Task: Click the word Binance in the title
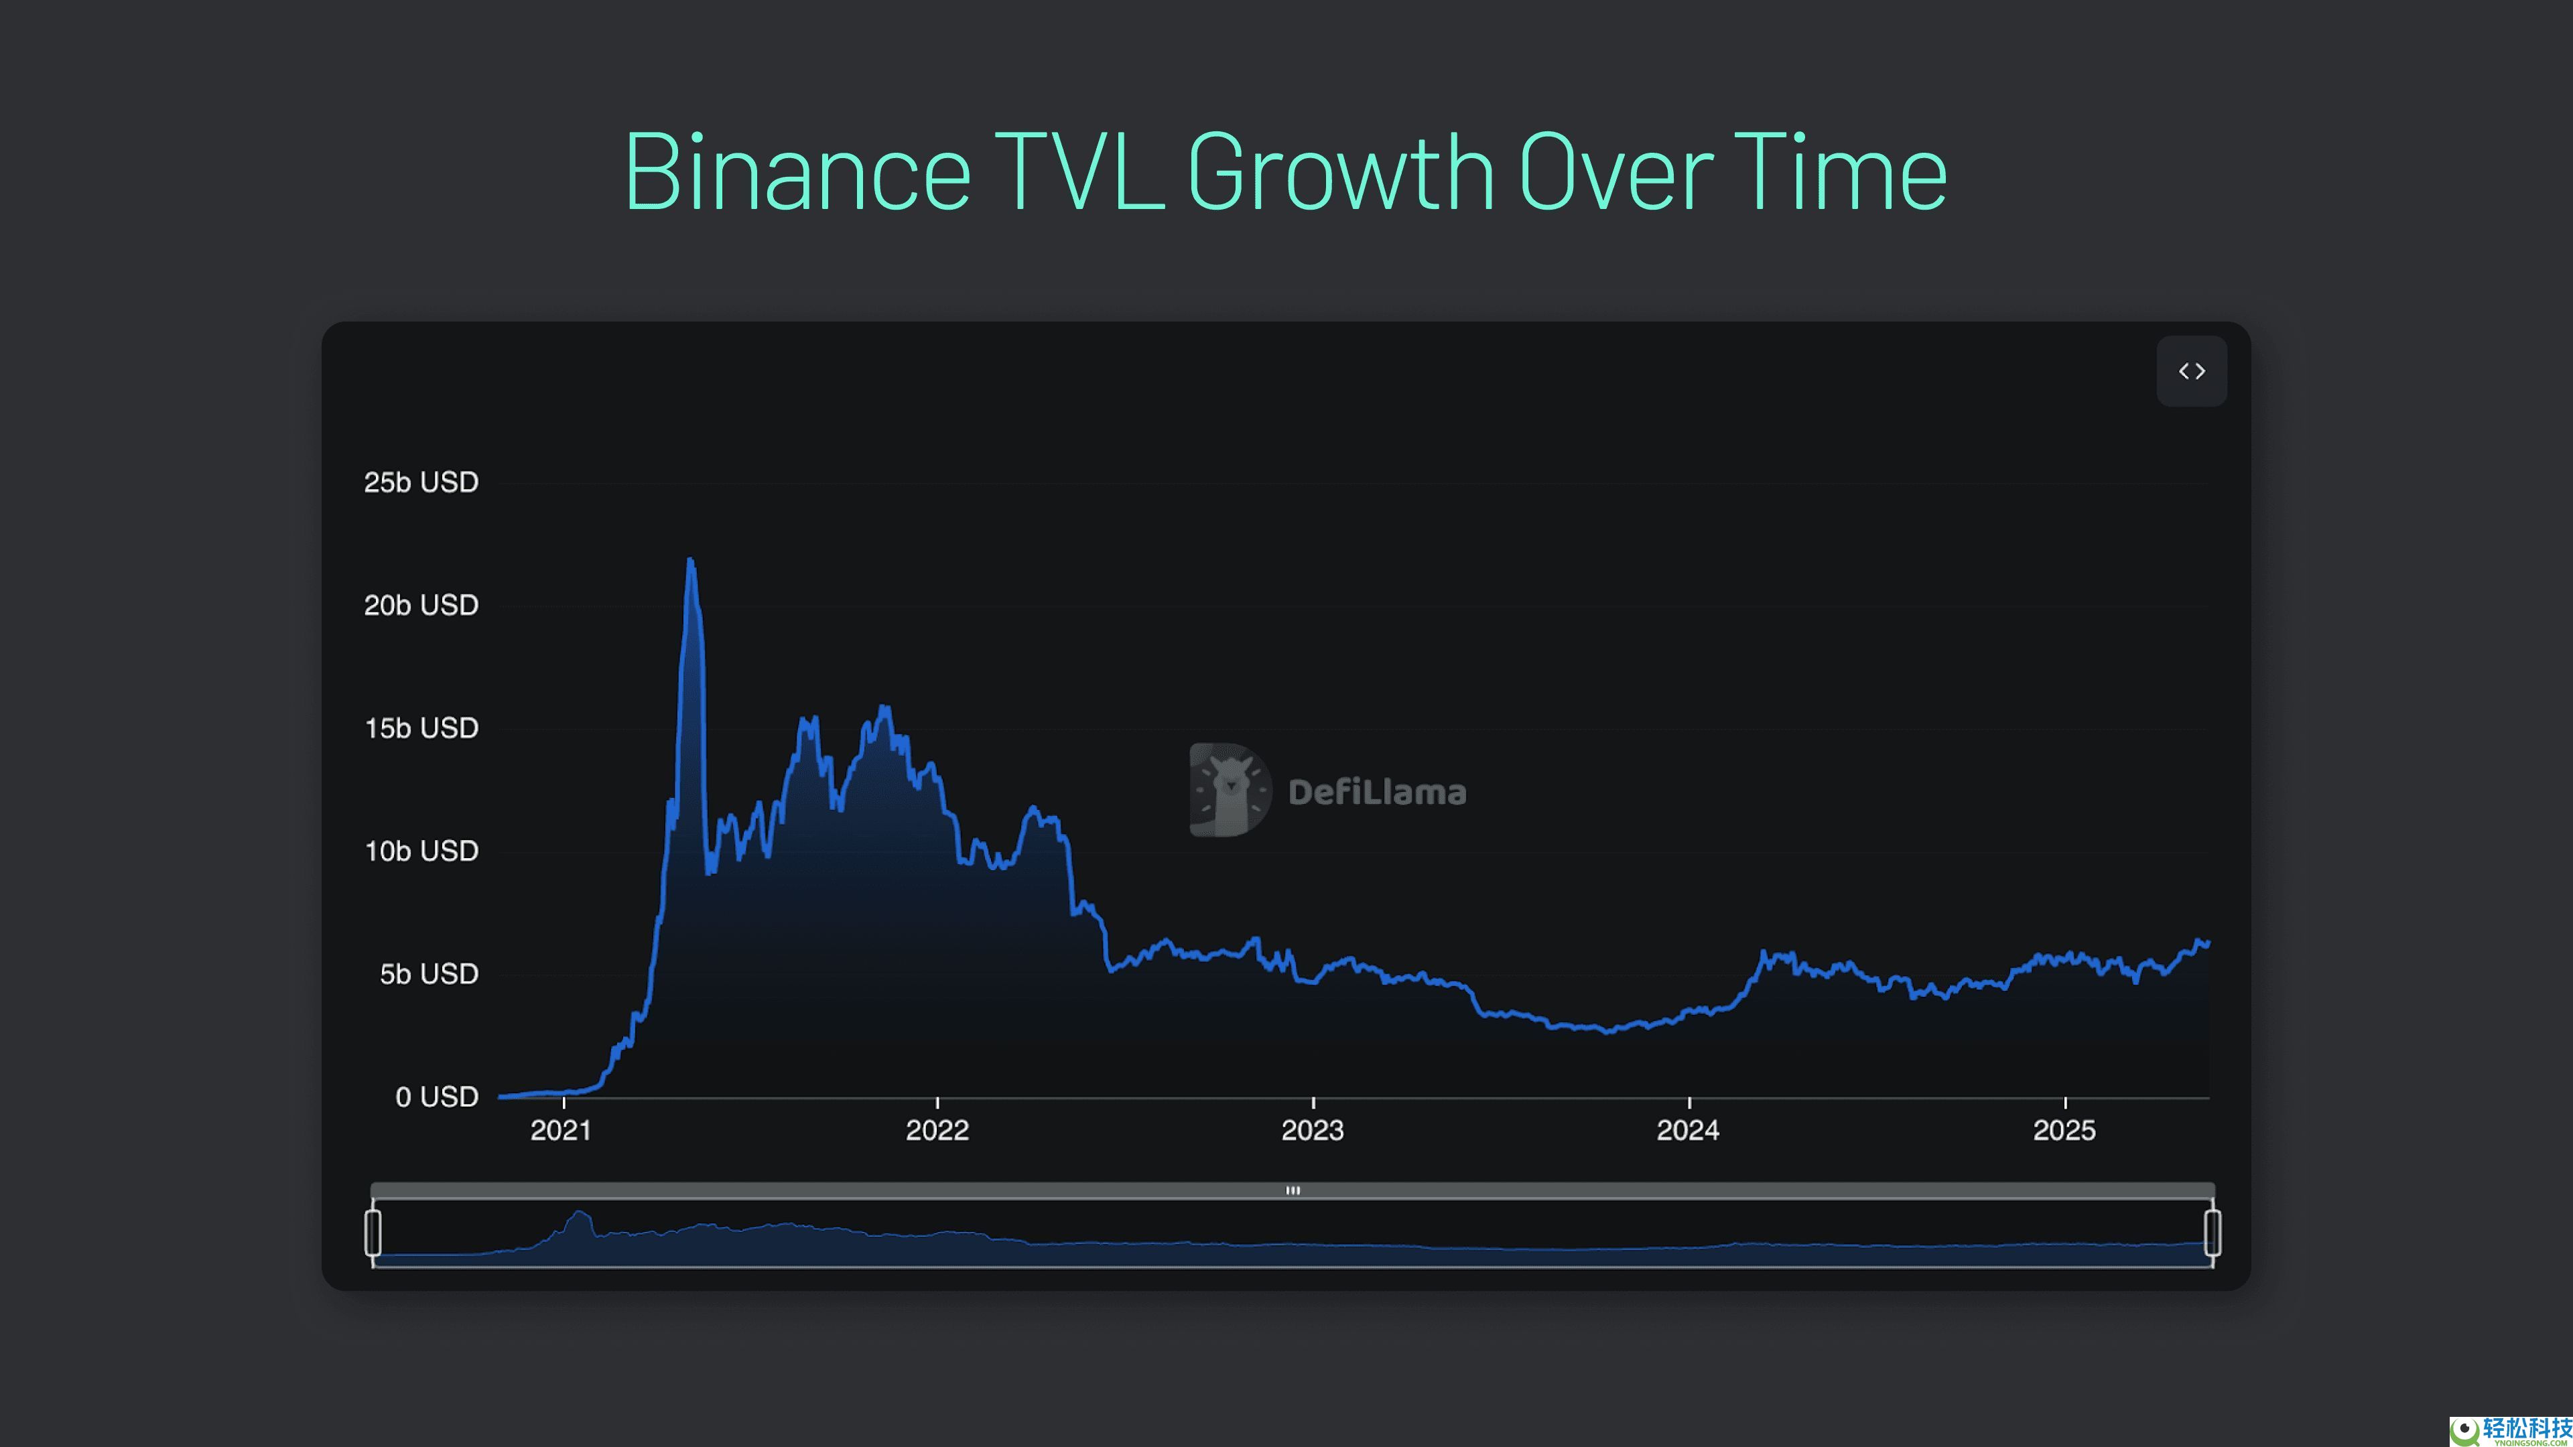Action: pyautogui.click(x=797, y=173)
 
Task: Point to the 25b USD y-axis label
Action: pyautogui.click(x=421, y=482)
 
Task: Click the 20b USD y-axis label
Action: pyautogui.click(x=421, y=605)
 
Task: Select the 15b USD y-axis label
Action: pyautogui.click(x=421, y=728)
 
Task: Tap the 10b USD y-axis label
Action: pyautogui.click(x=421, y=851)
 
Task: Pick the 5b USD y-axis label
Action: pyautogui.click(x=429, y=973)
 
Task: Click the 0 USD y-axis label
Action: pyautogui.click(x=436, y=1097)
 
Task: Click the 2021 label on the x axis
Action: pyautogui.click(x=560, y=1130)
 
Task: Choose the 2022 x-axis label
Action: pyautogui.click(x=937, y=1130)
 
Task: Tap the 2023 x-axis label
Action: pyautogui.click(x=1313, y=1130)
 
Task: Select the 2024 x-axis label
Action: pyautogui.click(x=1688, y=1130)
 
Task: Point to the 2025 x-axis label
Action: pyautogui.click(x=2064, y=1130)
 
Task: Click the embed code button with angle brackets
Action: pyautogui.click(x=2192, y=372)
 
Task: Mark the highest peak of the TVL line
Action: pyautogui.click(x=690, y=561)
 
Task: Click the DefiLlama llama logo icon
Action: pyautogui.click(x=1230, y=790)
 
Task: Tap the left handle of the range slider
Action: pyautogui.click(x=373, y=1233)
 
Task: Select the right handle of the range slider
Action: pyautogui.click(x=2213, y=1233)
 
